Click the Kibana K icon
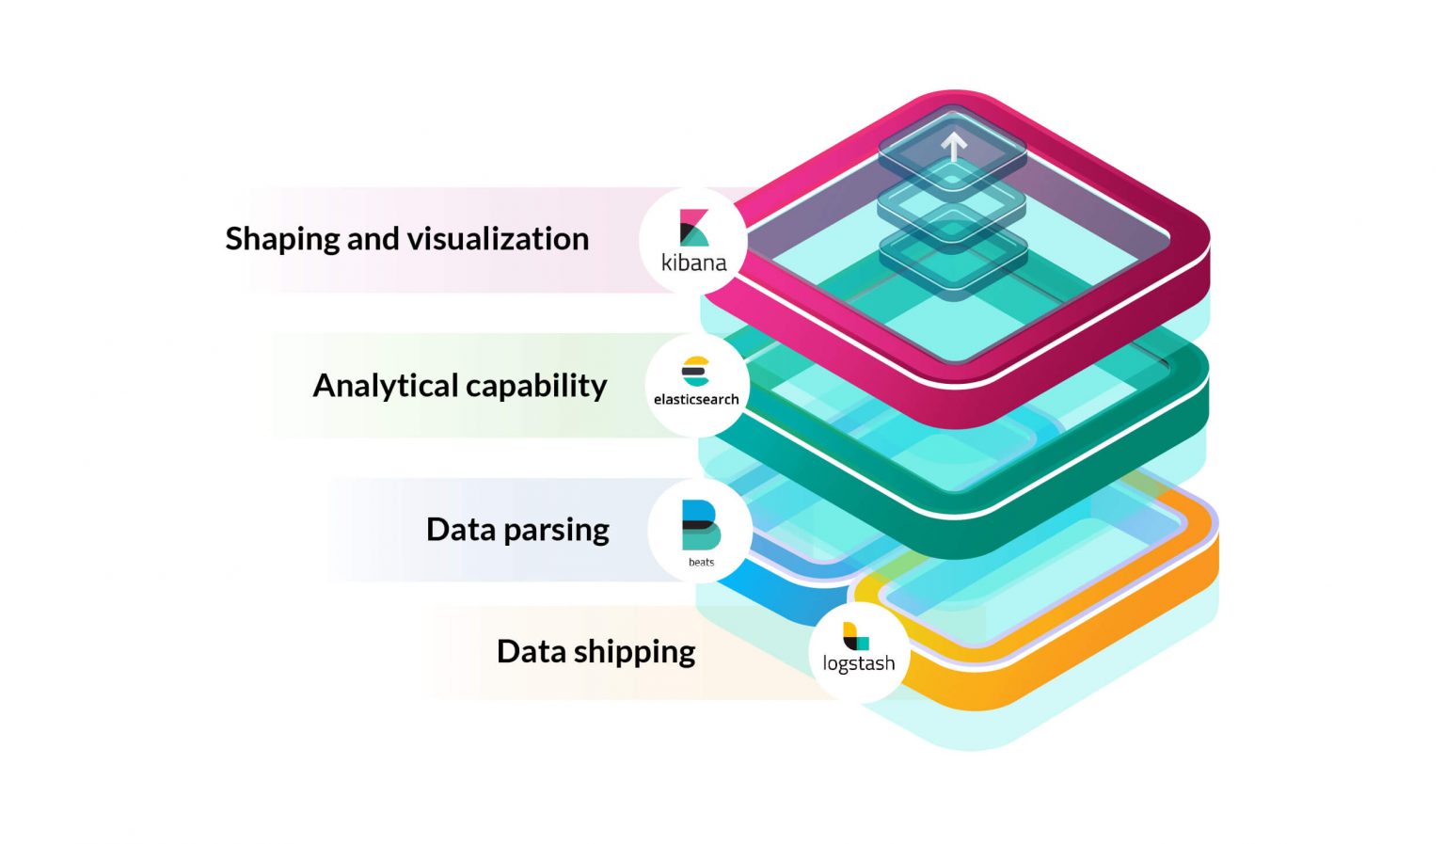click(693, 228)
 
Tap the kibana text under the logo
click(693, 263)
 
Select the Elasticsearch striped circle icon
click(695, 372)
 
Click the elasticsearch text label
click(696, 400)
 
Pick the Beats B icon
click(700, 525)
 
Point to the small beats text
click(701, 563)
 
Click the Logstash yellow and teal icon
click(855, 636)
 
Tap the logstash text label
click(858, 663)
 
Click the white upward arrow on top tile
click(954, 147)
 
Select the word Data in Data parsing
click(460, 530)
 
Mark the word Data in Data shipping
click(531, 652)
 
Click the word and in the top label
click(373, 239)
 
